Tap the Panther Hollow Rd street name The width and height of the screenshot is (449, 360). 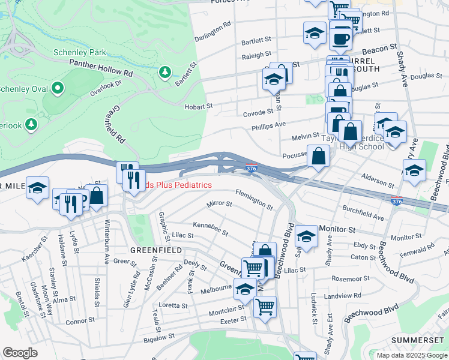pos(101,67)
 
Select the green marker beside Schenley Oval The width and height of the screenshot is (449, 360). pos(58,89)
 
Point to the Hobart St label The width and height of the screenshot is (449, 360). pos(202,106)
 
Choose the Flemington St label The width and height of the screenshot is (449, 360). pos(255,200)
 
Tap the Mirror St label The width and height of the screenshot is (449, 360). pos(219,204)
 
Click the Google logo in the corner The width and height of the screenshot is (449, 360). pos(20,353)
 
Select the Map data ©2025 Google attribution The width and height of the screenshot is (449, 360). pos(412,355)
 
